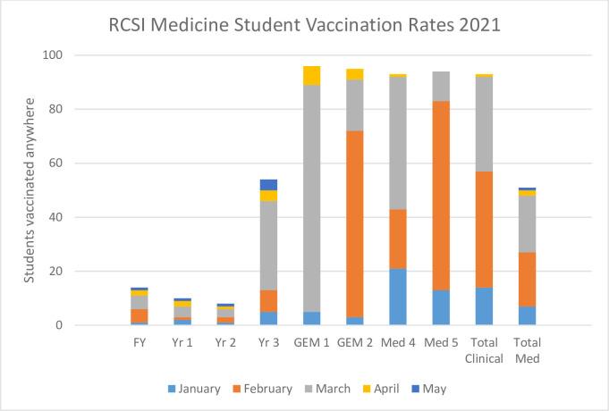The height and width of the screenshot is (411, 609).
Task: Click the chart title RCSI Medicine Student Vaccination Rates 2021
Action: point(304,24)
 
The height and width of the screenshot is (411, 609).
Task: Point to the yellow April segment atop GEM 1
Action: point(311,75)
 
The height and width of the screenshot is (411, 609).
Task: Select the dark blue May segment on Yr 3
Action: point(267,185)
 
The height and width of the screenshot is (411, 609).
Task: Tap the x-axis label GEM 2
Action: point(355,342)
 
